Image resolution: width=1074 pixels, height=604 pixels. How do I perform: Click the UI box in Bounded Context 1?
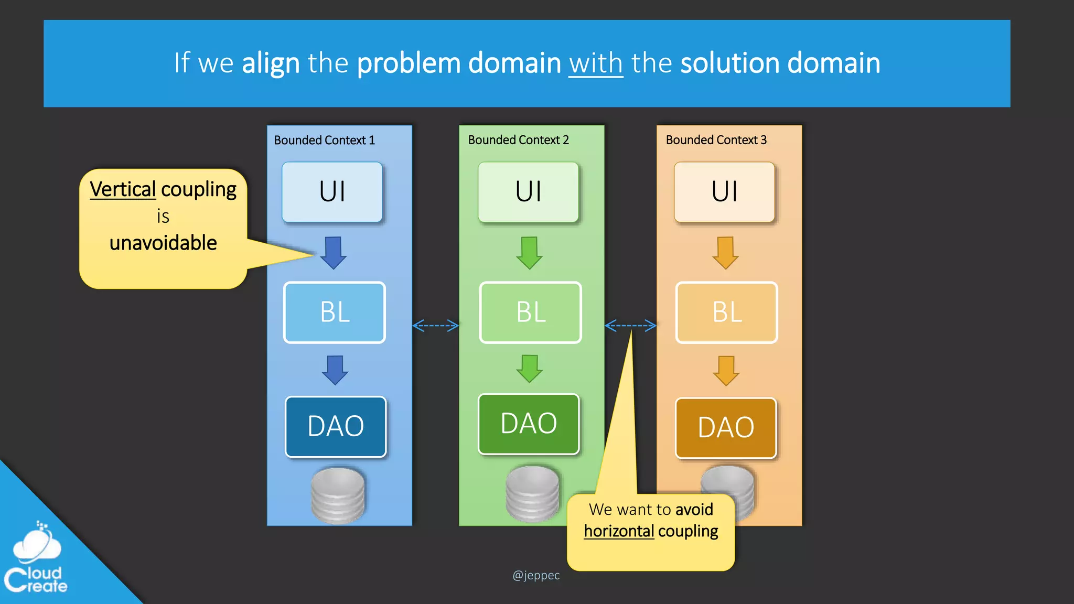332,192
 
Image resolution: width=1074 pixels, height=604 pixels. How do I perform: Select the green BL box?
530,312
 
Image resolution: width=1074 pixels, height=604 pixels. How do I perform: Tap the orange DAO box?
726,428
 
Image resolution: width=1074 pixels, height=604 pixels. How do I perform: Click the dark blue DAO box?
336,426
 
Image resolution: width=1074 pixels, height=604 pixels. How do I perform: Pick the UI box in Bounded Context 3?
724,192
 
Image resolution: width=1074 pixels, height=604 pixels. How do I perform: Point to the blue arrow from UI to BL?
333,253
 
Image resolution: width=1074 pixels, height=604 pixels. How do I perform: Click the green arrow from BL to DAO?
530,369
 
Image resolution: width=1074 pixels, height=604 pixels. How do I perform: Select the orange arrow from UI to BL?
725,253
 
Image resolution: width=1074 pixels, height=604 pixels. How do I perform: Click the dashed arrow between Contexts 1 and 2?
435,326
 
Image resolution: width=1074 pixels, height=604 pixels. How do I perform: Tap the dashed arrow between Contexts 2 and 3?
630,326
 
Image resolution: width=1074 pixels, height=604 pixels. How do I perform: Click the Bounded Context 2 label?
518,140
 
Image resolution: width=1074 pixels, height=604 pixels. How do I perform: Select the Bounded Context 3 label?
716,140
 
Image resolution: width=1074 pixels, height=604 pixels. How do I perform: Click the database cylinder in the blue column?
338,496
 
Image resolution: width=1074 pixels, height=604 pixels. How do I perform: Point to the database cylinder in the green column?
532,493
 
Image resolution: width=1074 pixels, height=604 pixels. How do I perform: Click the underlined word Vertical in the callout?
123,189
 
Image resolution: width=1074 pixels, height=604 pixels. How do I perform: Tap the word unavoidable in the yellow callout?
163,243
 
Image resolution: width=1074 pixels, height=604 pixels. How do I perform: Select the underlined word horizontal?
619,531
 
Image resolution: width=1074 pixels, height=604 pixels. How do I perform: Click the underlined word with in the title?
596,63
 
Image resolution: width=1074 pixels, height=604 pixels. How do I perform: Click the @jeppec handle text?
536,575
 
